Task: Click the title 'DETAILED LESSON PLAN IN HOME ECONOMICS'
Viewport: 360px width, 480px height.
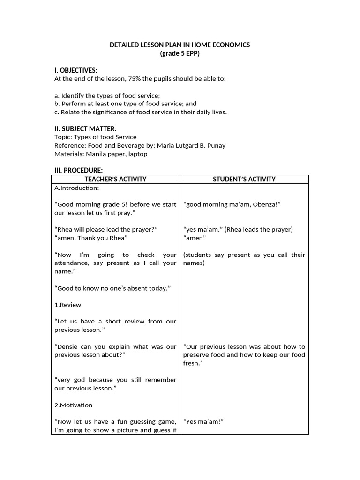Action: click(x=180, y=45)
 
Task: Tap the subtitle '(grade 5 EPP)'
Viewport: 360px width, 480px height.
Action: click(x=180, y=53)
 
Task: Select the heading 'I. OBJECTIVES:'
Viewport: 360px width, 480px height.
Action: click(x=76, y=70)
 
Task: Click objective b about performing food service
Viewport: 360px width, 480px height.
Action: click(x=125, y=104)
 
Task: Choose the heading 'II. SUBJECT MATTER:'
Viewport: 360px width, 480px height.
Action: click(x=85, y=129)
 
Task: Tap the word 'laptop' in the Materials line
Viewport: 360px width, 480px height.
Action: click(x=138, y=154)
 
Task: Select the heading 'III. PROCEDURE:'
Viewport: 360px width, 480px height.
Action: click(x=78, y=171)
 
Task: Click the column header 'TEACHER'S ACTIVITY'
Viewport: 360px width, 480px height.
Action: click(x=115, y=179)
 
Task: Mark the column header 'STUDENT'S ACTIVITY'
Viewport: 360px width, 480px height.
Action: click(x=245, y=179)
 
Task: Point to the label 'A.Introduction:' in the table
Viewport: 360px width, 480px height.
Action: click(x=77, y=188)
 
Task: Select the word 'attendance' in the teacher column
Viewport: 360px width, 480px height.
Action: click(x=71, y=263)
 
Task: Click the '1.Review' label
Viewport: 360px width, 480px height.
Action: click(x=68, y=305)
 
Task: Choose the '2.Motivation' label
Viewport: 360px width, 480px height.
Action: click(x=74, y=405)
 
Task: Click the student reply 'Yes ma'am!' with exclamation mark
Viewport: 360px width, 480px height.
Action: click(x=203, y=421)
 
